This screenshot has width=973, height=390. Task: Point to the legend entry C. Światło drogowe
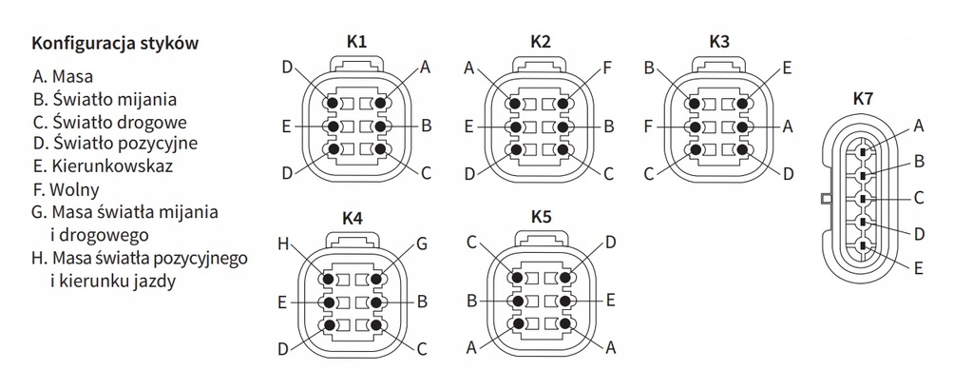coord(108,120)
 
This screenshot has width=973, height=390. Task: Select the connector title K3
coord(719,43)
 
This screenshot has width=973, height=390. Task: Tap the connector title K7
coord(864,98)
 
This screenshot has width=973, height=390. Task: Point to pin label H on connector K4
coord(283,244)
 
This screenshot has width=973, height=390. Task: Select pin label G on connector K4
coord(421,244)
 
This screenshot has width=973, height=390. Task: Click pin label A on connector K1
coord(425,68)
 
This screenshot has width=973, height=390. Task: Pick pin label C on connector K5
coord(470,244)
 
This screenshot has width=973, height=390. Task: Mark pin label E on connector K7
coord(919,269)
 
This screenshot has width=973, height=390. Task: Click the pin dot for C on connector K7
coord(862,199)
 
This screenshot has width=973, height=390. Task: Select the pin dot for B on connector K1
coord(379,126)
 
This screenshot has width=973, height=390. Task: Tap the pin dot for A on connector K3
coord(742,126)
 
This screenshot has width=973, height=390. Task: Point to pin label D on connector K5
coord(609,244)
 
